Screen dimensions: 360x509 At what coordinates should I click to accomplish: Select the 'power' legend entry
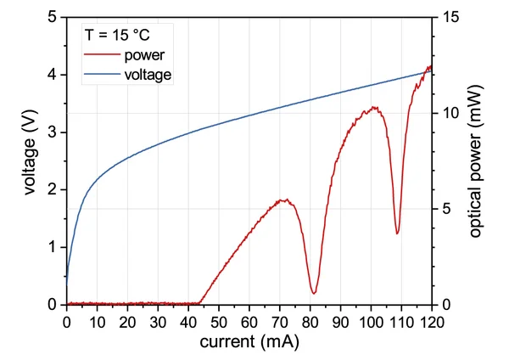point(143,56)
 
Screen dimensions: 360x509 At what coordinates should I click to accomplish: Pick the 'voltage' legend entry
point(148,75)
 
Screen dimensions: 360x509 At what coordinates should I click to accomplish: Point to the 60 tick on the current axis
point(249,322)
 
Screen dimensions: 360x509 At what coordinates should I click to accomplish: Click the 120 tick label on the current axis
point(432,322)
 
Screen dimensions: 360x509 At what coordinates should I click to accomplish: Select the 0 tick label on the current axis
point(67,322)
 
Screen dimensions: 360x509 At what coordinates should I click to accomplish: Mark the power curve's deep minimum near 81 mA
point(314,294)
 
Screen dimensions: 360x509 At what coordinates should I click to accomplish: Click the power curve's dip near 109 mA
point(397,233)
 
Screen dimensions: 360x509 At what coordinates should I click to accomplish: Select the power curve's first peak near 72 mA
point(286,200)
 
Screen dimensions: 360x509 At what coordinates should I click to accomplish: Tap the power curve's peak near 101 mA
point(373,108)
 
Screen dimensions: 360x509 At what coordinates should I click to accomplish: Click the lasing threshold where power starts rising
point(200,302)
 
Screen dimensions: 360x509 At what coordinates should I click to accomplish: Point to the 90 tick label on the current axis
point(340,322)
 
